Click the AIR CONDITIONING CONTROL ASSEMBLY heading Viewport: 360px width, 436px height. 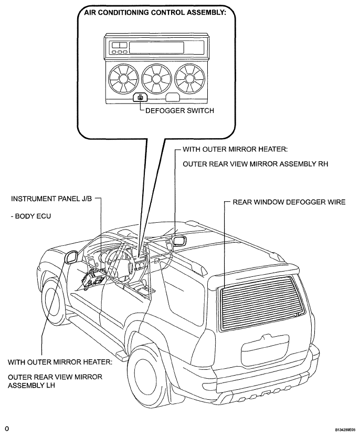click(x=155, y=13)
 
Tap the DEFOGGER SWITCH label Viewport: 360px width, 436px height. click(x=179, y=111)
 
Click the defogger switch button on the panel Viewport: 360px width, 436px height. click(x=140, y=98)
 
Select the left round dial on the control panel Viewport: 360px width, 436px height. click(x=123, y=79)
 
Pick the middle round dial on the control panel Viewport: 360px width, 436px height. click(x=156, y=79)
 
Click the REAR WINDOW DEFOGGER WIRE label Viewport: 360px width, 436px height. click(x=289, y=202)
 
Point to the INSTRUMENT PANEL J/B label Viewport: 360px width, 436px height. click(x=51, y=199)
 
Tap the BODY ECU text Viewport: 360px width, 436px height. click(x=31, y=216)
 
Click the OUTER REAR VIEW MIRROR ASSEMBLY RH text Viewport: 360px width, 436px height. click(x=255, y=164)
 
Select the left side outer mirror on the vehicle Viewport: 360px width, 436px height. click(x=71, y=256)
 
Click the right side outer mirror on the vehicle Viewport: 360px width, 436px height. click(x=180, y=241)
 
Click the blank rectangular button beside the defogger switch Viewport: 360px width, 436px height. click(x=173, y=98)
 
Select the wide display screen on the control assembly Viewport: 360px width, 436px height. click(x=156, y=48)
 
